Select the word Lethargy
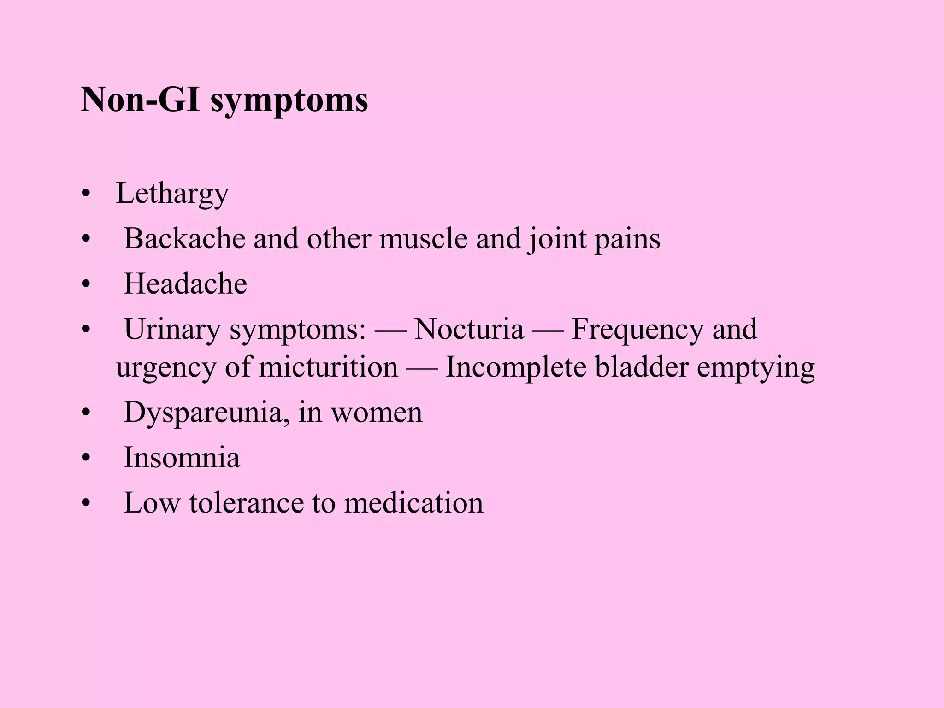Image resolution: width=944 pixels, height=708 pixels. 172,194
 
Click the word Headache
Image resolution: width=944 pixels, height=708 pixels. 185,283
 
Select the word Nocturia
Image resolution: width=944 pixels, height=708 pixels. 469,329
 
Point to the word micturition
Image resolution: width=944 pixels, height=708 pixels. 328,367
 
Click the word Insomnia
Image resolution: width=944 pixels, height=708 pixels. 182,457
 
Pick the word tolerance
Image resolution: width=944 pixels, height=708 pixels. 246,502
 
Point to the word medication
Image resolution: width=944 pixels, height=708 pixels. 413,502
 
